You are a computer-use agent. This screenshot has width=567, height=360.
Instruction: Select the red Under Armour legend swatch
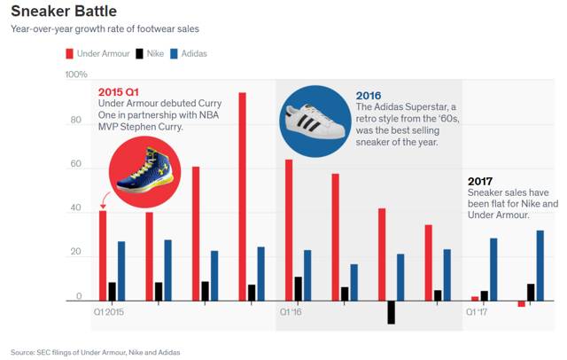click(x=70, y=54)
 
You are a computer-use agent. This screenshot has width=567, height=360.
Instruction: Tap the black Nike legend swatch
click(x=139, y=54)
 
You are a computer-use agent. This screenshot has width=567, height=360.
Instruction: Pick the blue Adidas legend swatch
click(x=173, y=54)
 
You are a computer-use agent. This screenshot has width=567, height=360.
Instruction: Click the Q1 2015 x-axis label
click(x=109, y=312)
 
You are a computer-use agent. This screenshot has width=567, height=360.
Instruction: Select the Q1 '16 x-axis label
click(x=291, y=312)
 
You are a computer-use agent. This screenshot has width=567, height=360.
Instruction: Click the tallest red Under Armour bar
click(x=242, y=196)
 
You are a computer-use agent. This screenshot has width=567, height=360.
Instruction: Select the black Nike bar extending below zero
click(x=391, y=312)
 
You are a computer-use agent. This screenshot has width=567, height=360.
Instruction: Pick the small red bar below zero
click(x=522, y=304)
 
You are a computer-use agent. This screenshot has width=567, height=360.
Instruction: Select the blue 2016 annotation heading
click(x=369, y=95)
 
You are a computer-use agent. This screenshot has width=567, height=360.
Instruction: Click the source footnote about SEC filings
click(x=95, y=352)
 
